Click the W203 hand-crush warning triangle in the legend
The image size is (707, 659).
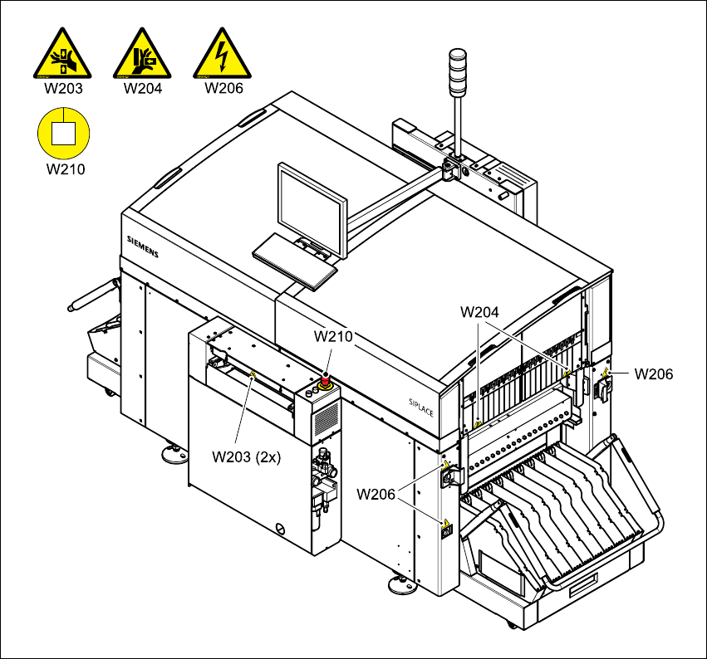[63, 55]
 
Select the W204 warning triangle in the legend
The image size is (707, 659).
[142, 55]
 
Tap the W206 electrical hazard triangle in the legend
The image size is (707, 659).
[222, 55]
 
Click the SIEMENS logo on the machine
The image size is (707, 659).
[142, 246]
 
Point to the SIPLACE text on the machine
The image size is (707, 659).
[421, 406]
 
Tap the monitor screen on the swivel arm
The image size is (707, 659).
[312, 211]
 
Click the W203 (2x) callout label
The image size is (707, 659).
[246, 456]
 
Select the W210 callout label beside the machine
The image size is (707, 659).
[333, 336]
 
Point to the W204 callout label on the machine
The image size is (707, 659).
[480, 312]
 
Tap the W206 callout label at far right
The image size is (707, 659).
[653, 373]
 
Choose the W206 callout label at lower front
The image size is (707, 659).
[376, 494]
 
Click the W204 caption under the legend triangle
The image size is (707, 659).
[142, 88]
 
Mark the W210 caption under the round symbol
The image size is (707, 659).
[64, 169]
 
